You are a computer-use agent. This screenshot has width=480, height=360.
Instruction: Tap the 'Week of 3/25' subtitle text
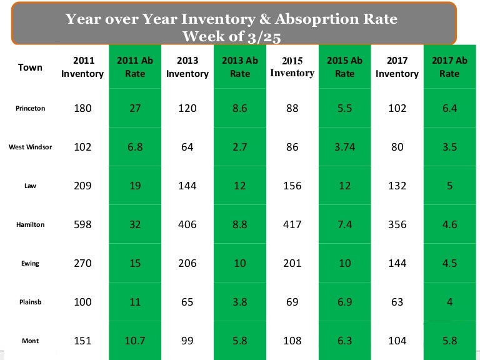point(231,36)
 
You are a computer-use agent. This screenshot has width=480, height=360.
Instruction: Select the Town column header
point(30,67)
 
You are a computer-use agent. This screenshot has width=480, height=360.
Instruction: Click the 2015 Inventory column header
point(292,67)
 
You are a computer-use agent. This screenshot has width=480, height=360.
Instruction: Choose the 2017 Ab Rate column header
point(449,67)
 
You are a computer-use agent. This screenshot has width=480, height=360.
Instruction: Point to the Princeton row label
point(30,108)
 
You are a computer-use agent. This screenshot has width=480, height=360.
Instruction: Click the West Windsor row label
point(30,147)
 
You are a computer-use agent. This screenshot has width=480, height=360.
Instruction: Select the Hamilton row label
point(30,224)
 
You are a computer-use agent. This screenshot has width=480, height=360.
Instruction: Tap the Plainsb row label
point(30,302)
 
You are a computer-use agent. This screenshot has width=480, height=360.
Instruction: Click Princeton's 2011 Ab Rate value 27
point(135,108)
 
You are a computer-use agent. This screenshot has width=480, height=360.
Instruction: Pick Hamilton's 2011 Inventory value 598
point(82,224)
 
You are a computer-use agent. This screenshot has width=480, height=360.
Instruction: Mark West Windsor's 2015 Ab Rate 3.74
point(344,147)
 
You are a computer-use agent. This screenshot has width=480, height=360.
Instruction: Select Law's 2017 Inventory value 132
point(397,186)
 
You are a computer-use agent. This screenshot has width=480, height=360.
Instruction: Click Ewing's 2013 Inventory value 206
point(187,263)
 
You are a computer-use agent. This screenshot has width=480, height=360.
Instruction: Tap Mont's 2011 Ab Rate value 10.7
point(135,341)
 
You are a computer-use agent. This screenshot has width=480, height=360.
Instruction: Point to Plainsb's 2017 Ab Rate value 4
point(449,302)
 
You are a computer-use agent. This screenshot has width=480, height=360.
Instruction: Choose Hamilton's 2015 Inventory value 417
point(292,224)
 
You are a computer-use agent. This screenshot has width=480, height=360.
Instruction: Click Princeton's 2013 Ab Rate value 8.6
point(240,108)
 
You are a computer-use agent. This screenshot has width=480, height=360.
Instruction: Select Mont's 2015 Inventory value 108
point(292,341)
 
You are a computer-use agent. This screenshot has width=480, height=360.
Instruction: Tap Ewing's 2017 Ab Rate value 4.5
point(449,263)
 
